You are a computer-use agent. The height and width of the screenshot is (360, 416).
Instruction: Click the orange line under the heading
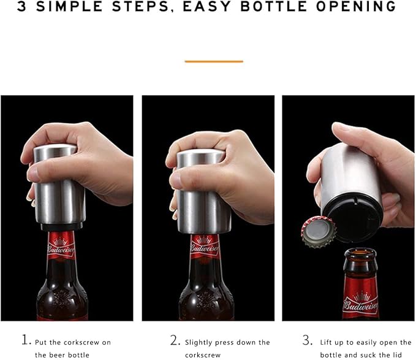214,61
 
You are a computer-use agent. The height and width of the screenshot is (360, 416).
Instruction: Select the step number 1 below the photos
25,341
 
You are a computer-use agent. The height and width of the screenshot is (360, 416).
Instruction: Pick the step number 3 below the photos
307,341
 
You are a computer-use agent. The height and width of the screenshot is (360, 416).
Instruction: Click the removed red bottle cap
318,232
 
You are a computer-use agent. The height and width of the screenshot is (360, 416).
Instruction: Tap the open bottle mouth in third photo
360,253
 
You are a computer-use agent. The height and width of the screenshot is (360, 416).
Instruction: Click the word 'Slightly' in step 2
199,342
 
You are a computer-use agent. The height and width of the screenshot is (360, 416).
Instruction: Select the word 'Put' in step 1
41,342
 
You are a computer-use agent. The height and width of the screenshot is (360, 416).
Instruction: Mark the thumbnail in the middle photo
176,179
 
